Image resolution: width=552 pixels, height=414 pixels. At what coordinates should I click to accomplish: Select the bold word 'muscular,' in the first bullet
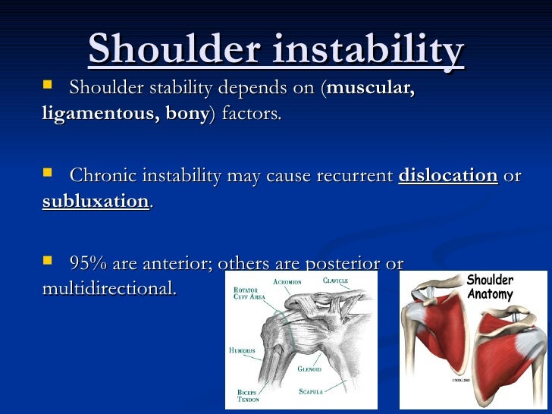371,88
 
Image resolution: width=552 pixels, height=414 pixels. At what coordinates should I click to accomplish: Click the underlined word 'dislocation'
447,175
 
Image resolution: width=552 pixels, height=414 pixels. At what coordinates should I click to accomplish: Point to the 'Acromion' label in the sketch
287,282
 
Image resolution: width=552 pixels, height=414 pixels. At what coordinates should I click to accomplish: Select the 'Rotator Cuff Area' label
249,293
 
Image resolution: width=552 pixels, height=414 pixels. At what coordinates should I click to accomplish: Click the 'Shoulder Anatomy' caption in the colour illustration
490,287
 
